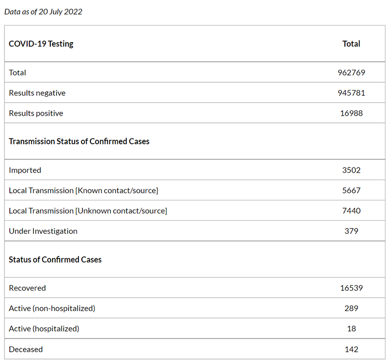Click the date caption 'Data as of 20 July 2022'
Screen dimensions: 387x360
point(43,12)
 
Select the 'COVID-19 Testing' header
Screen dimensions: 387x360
point(41,44)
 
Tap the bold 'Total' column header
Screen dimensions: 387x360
point(351,44)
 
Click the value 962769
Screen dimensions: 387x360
point(351,73)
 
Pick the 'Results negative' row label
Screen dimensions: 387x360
point(37,93)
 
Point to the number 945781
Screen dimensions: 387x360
point(351,93)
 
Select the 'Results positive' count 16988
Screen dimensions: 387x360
point(351,113)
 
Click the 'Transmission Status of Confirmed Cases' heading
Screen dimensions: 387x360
point(79,141)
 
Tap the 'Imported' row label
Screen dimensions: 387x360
point(25,170)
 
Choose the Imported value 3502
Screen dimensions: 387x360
point(351,170)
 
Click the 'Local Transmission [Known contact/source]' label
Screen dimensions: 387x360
point(83,191)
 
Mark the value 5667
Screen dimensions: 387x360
point(351,190)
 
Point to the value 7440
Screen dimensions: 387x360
point(351,210)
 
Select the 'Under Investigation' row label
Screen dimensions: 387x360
point(43,231)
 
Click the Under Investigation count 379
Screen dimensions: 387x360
point(351,231)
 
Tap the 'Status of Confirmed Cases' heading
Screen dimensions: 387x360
point(55,259)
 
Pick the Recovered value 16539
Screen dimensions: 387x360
point(351,288)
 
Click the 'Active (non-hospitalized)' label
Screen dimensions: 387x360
point(52,308)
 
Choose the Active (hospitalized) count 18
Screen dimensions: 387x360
point(352,329)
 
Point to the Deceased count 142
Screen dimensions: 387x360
point(351,349)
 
